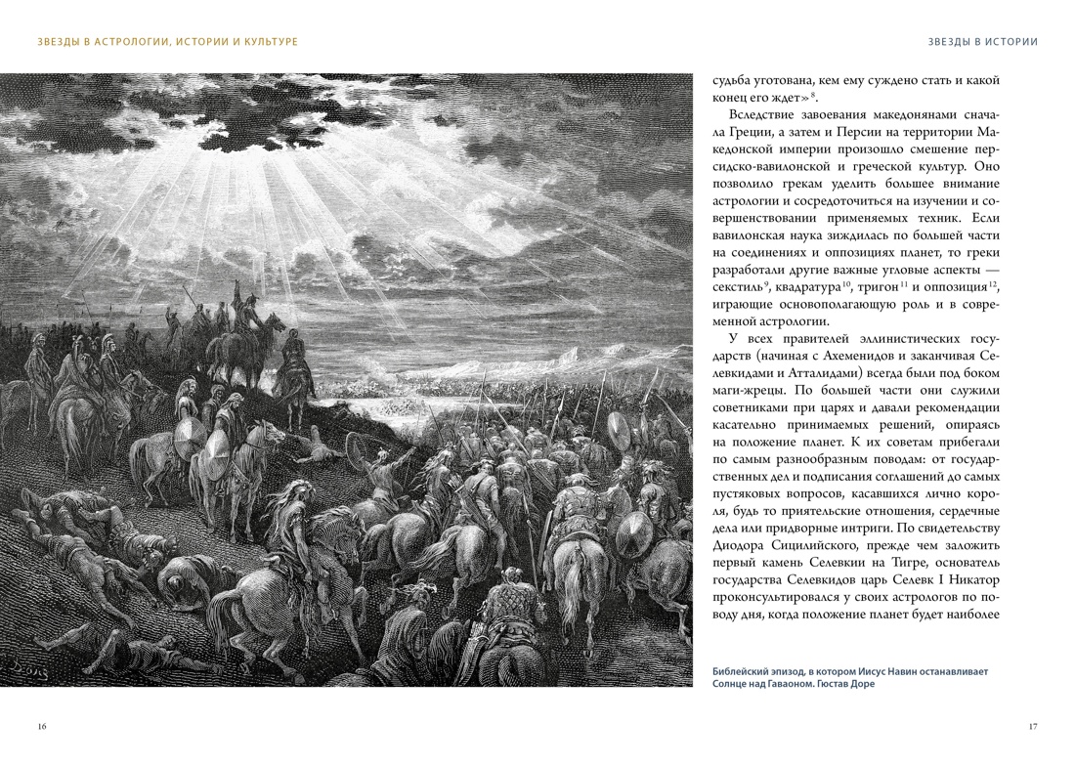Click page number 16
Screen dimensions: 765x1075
[41, 726]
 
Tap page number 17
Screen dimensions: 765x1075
[1033, 726]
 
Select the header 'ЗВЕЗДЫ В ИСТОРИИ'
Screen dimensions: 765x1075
[982, 41]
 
